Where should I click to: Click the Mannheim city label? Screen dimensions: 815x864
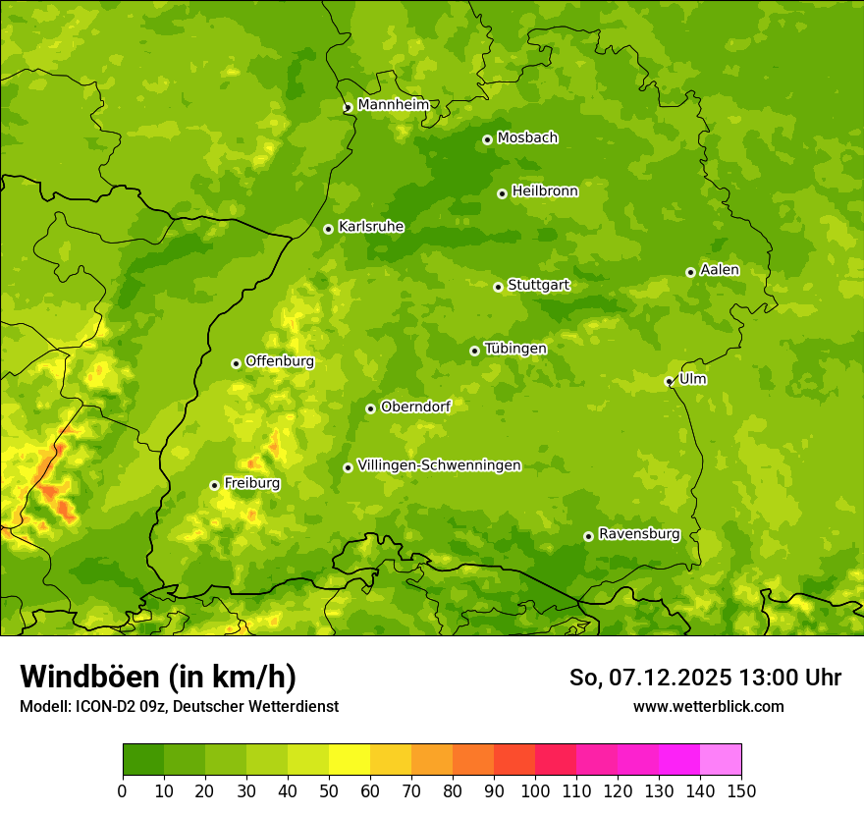click(x=393, y=105)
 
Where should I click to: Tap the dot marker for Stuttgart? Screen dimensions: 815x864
click(x=498, y=287)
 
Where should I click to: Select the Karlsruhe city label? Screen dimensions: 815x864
click(x=370, y=227)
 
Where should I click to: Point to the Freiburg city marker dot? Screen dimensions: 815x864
click(x=214, y=485)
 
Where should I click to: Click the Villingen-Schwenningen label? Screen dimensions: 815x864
click(x=439, y=465)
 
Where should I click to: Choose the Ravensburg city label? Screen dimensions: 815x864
click(x=638, y=534)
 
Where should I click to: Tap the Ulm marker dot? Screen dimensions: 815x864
click(x=669, y=381)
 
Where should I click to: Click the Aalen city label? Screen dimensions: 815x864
click(x=719, y=270)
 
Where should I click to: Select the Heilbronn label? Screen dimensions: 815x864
click(x=545, y=191)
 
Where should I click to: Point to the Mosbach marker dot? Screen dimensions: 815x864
click(x=487, y=139)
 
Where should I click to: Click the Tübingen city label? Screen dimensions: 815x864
click(x=514, y=349)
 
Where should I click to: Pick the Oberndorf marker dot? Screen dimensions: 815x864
click(x=370, y=408)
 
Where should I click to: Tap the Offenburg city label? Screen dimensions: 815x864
click(x=279, y=361)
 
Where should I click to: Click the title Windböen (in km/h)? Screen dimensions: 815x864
click(x=158, y=677)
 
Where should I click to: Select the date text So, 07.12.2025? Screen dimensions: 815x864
click(x=651, y=678)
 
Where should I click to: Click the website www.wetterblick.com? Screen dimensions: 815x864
click(x=708, y=706)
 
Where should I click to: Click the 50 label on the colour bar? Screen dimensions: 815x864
click(x=329, y=791)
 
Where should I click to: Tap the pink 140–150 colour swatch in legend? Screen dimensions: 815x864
click(x=720, y=759)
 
